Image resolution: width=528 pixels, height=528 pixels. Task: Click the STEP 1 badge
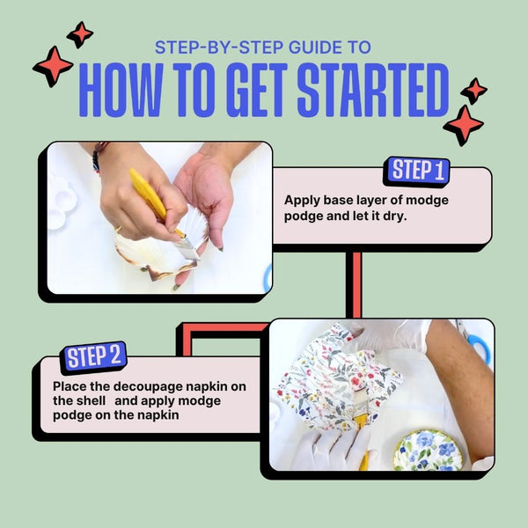(417, 171)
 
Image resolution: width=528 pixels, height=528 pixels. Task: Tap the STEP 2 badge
(93, 357)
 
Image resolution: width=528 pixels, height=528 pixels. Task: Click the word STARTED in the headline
(373, 90)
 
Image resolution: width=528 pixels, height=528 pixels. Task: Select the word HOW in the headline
(121, 90)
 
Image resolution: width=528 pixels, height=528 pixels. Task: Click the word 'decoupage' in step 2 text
(150, 386)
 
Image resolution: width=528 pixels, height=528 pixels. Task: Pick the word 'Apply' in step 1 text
(302, 201)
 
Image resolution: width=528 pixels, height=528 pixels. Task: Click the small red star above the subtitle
(80, 34)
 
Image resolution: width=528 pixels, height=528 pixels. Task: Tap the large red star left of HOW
(53, 66)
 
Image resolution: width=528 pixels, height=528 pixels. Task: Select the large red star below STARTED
(464, 125)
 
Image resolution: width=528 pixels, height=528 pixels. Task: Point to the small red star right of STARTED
(474, 91)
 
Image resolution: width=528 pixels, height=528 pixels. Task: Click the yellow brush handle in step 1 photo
(149, 195)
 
